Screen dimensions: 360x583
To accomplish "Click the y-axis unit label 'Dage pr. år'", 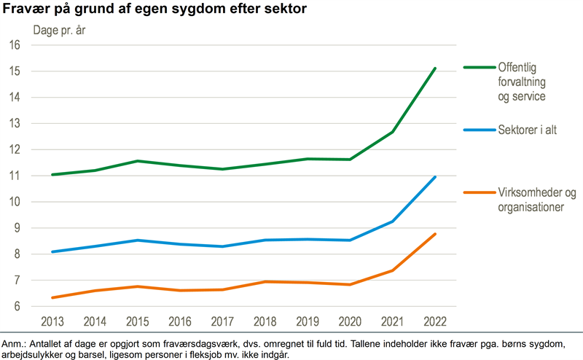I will [63, 31].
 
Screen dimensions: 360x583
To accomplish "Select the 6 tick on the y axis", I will [16, 307].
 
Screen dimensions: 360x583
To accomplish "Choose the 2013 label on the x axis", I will [52, 321].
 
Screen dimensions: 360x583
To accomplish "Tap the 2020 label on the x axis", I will [350, 321].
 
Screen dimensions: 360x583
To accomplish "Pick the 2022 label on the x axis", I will [435, 321].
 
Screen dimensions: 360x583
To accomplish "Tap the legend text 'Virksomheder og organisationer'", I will [536, 200].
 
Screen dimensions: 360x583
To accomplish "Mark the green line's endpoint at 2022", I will [435, 69].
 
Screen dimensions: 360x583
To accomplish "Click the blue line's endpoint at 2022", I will [435, 177].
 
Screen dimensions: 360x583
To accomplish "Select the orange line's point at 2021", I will [393, 270].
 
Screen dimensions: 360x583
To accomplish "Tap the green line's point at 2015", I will [137, 161].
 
